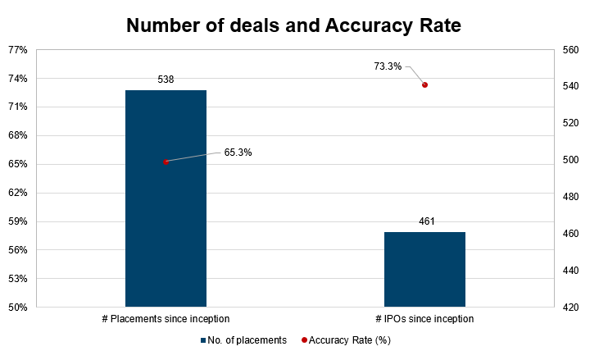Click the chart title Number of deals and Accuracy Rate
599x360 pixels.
coord(293,26)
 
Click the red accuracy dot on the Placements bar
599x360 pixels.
coord(166,162)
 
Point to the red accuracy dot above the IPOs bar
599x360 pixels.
coord(424,84)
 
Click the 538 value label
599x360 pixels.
coord(166,80)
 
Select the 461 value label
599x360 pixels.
coord(425,221)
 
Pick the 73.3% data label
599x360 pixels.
coord(388,66)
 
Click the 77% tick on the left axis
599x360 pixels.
coord(17,50)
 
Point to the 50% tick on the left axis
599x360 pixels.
coord(17,308)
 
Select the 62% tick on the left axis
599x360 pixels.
coord(17,193)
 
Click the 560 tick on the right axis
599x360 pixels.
coord(570,50)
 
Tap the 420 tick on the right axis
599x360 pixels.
coord(570,308)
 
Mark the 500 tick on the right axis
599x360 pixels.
coord(570,160)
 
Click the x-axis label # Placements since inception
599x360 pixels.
coord(165,319)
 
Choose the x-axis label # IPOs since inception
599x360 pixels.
coord(424,319)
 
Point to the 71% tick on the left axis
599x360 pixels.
coord(17,107)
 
